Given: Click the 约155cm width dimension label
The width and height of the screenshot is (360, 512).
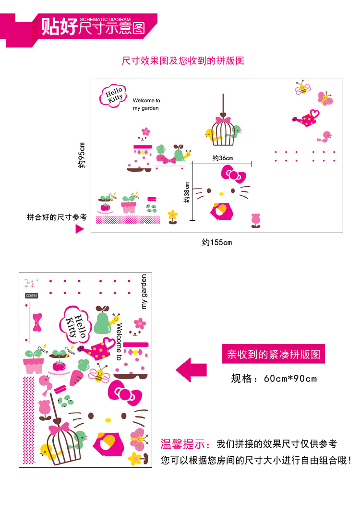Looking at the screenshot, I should click(216, 242).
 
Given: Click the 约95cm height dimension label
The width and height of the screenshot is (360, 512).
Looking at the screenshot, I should click(82, 155).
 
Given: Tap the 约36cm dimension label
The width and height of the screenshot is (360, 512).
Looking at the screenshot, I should click(222, 158).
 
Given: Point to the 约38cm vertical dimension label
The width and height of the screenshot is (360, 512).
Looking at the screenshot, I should click(187, 192).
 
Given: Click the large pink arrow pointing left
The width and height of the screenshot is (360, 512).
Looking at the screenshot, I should click(191, 370).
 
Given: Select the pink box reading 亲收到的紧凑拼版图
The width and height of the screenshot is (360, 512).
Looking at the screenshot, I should click(274, 355).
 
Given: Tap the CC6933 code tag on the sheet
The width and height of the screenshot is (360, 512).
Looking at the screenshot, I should click(31, 296).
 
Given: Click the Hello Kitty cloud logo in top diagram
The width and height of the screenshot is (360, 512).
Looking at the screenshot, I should click(113, 95).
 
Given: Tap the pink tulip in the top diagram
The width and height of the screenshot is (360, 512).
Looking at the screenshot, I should click(256, 220).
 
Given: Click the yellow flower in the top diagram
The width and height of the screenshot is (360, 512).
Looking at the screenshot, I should click(173, 216).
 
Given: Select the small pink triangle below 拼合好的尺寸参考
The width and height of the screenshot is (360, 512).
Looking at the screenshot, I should click(80, 229).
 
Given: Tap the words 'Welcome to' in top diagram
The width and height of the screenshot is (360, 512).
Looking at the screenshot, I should click(146, 101).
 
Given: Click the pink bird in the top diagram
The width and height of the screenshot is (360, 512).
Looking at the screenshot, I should click(325, 137).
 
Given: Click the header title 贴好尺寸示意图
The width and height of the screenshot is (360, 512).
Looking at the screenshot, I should click(93, 27).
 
